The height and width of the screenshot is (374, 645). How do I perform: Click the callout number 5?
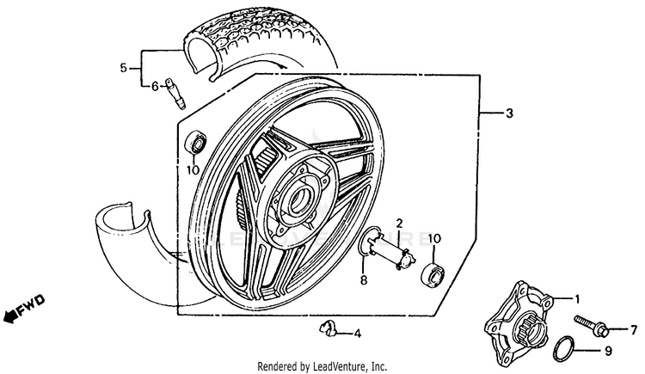[124, 67]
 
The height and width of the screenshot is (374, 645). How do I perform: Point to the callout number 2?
[398, 224]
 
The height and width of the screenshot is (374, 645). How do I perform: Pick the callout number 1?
[577, 298]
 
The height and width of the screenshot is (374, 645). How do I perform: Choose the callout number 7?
[634, 329]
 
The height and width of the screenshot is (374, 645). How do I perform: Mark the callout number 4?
[358, 334]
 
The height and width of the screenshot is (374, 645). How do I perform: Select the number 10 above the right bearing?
[433, 237]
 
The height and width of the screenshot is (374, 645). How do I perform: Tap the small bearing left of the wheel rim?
[195, 142]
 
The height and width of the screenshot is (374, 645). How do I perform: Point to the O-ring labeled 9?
[562, 348]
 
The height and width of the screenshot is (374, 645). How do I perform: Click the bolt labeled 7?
[593, 328]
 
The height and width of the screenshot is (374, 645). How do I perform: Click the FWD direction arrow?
[24, 308]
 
